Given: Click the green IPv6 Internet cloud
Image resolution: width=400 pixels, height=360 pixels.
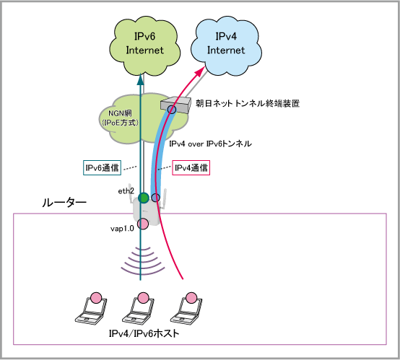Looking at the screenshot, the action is [x=144, y=46].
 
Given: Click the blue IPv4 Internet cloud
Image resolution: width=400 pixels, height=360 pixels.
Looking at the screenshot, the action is [x=226, y=46].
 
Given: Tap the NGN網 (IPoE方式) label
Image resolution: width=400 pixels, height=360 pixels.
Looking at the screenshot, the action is [x=121, y=118].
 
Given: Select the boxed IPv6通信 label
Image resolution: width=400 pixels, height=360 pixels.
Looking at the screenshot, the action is [x=102, y=168].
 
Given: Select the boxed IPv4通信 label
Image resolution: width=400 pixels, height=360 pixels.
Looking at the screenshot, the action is [x=191, y=168].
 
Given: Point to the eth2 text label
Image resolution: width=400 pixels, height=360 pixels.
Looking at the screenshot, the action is [x=126, y=191].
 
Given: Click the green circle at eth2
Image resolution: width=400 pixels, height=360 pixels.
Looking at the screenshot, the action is [x=144, y=198].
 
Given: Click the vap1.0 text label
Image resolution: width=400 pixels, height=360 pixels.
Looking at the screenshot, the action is [x=122, y=229].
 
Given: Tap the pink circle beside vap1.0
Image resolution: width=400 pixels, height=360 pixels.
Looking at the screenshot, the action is [x=143, y=224].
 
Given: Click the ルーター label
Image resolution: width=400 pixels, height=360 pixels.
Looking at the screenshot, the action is [x=64, y=203].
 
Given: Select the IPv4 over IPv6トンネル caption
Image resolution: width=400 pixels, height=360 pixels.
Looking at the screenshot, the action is [x=210, y=144].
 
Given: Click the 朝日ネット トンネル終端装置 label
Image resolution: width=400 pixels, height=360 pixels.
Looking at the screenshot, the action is [x=248, y=103].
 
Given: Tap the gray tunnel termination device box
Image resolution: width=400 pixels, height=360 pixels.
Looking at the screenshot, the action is [x=175, y=105].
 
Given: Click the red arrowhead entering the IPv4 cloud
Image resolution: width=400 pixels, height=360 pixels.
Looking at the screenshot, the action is [x=201, y=71].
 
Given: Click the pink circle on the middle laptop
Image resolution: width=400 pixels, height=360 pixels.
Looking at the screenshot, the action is [x=143, y=298].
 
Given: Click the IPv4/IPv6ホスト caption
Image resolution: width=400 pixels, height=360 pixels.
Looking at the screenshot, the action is [x=144, y=333].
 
